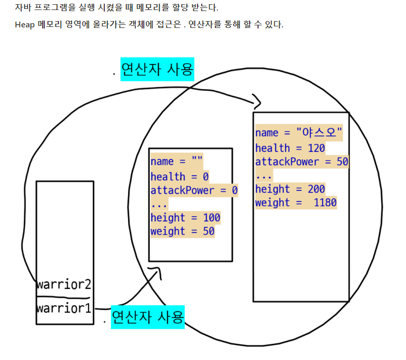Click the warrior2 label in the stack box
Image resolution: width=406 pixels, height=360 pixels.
[x=64, y=285]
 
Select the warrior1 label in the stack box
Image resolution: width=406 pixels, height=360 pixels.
[x=64, y=307]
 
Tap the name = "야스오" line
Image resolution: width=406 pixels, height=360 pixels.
[x=299, y=133]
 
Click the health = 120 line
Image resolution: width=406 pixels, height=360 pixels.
[x=290, y=148]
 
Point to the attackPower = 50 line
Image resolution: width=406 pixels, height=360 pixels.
[x=302, y=162]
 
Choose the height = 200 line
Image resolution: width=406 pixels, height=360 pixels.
[x=290, y=189]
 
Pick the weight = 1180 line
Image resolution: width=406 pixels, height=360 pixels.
[x=296, y=203]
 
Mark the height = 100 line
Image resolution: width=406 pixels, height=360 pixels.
[x=185, y=218]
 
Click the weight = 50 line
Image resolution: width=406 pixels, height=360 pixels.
[x=183, y=231]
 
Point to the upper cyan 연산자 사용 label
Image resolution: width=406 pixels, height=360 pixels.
[x=157, y=69]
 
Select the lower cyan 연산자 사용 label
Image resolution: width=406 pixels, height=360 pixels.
[x=148, y=317]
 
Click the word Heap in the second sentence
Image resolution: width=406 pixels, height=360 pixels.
[x=25, y=25]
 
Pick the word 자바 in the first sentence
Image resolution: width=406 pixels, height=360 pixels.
[x=22, y=8]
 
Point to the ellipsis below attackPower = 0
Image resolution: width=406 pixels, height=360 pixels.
[x=159, y=205]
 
